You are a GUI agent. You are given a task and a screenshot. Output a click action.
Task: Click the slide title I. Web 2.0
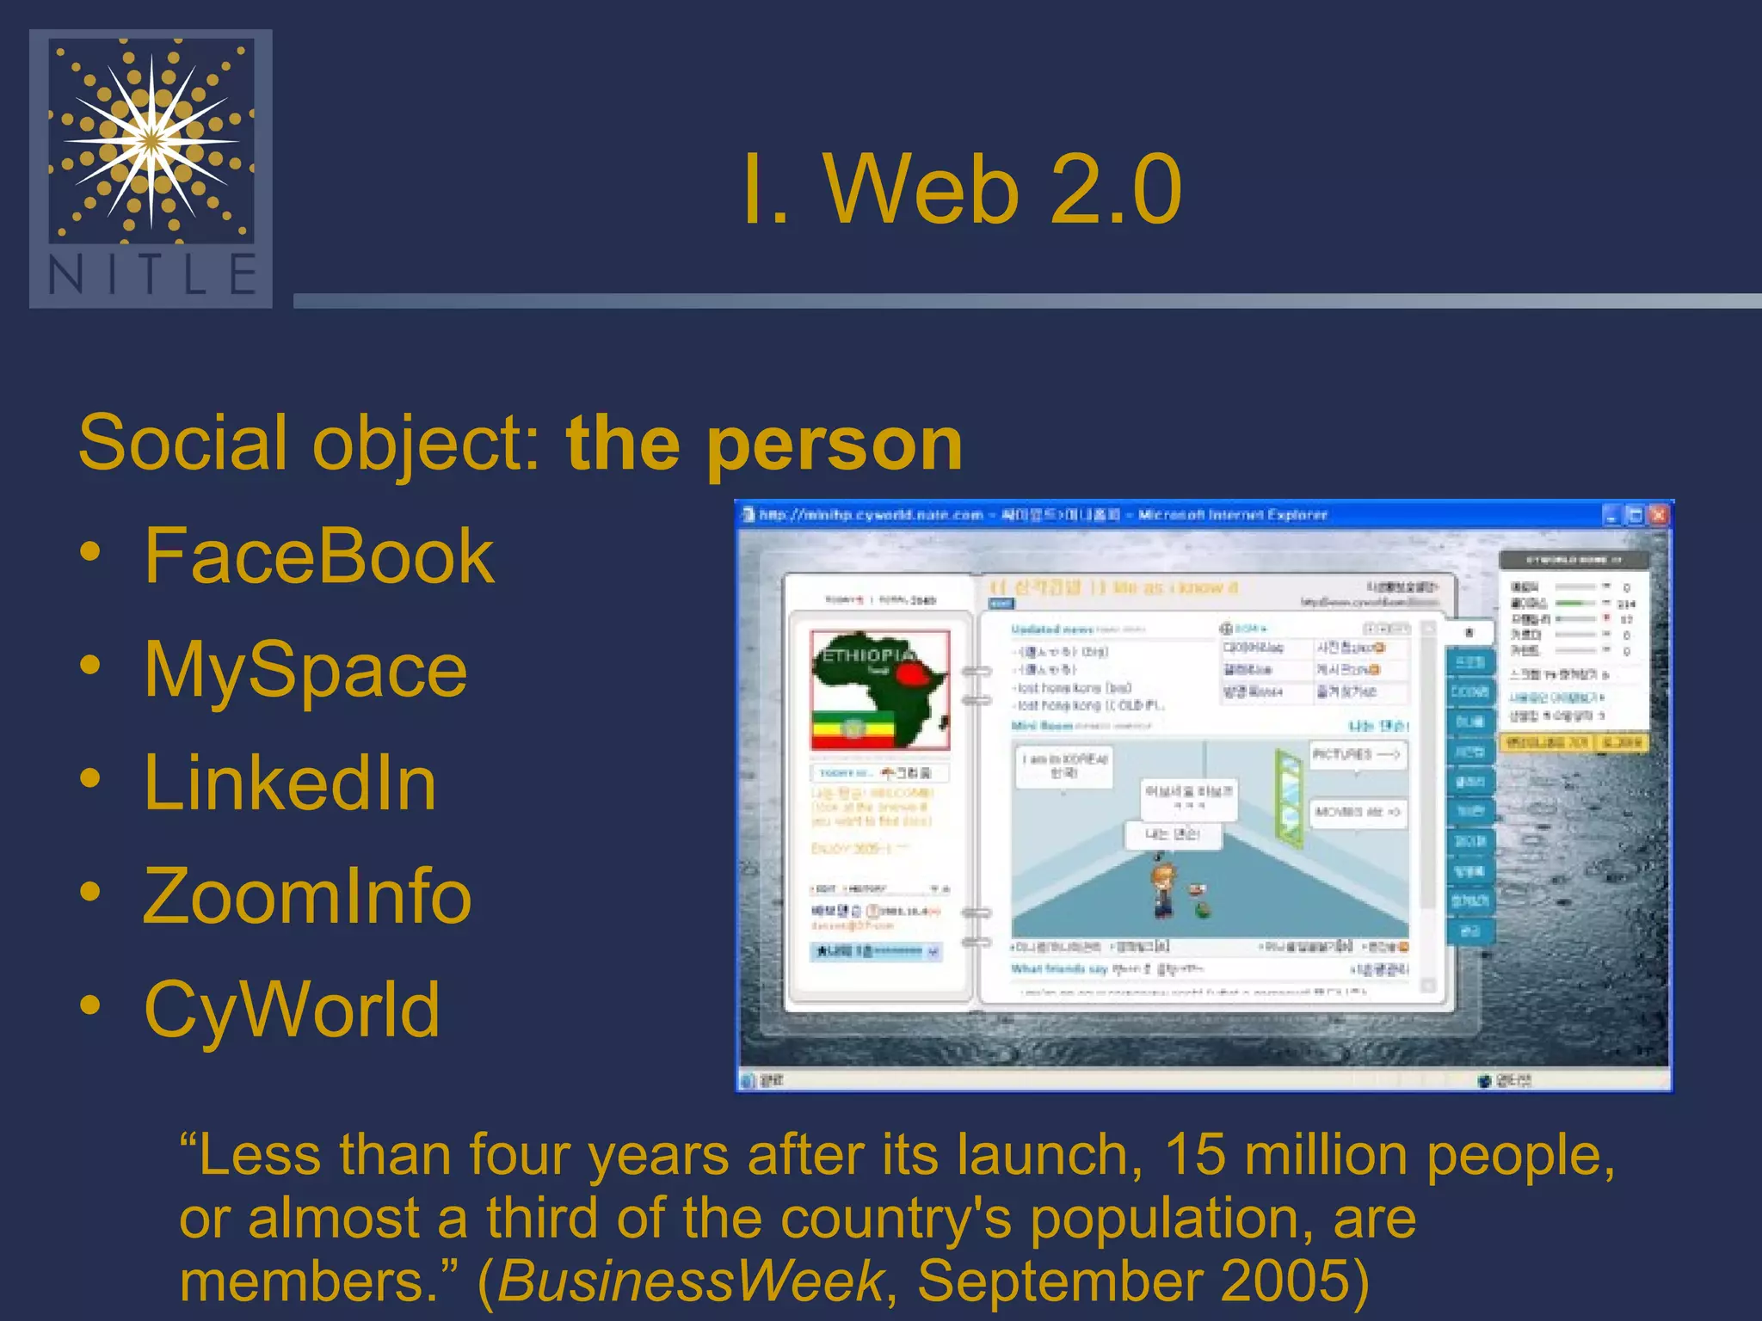pos(961,190)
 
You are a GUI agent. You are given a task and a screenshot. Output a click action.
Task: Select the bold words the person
pos(764,444)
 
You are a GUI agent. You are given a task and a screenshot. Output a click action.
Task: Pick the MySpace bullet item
pos(305,671)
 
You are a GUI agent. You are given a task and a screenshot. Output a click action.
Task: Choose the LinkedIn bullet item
pos(290,783)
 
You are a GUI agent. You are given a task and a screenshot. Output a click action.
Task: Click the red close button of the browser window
pos(1658,515)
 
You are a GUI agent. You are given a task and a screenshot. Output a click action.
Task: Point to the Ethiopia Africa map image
pos(879,690)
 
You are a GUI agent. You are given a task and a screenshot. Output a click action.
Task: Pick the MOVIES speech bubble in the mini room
pos(1357,812)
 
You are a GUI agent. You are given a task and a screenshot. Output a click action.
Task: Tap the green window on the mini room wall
pos(1289,796)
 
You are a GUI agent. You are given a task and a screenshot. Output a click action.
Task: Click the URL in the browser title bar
pos(871,515)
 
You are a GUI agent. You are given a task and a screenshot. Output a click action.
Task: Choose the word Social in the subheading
pos(181,444)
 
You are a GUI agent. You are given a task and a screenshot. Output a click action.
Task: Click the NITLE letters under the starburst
pos(151,274)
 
